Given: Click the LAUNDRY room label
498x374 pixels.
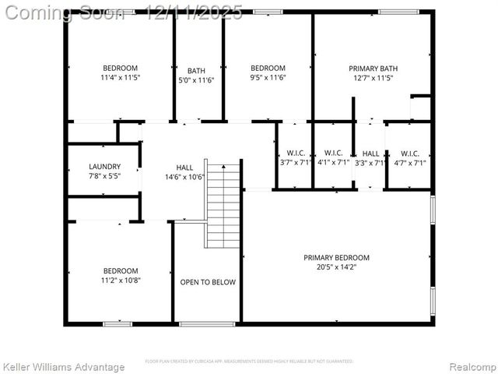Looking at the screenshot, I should point(104,166).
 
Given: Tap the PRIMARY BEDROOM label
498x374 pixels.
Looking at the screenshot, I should point(336,258).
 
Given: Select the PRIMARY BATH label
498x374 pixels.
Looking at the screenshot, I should point(373,69).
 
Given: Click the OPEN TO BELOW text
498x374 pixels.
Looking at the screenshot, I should point(208,282).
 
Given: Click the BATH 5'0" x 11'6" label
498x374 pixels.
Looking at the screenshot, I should point(196,75).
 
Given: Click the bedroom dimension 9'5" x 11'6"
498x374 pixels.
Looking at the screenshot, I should point(268,78).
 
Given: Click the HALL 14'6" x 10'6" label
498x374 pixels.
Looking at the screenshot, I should point(184,172).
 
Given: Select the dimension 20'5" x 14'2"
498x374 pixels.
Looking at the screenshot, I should point(336,268).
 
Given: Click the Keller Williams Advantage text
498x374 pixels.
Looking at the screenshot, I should point(64,367).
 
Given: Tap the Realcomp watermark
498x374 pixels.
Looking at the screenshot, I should point(471,367).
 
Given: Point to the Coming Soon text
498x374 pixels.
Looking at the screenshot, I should point(65,12).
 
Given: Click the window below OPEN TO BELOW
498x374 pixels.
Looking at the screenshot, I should point(207,323).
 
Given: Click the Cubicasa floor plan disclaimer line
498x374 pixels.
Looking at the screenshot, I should point(249,362).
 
